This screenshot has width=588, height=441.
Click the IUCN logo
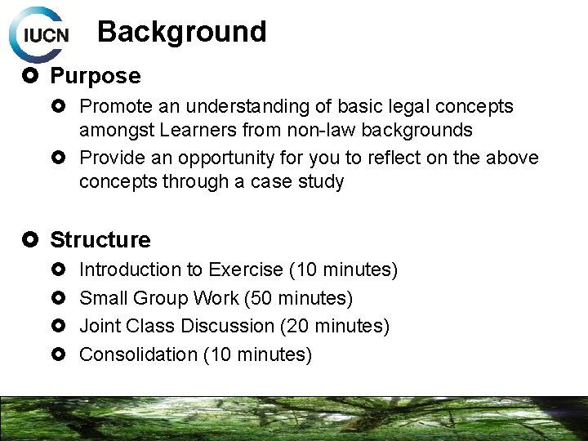[40, 35]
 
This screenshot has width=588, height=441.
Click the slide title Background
[181, 32]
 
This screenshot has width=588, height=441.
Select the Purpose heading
[95, 76]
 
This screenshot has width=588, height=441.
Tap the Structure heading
[100, 240]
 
